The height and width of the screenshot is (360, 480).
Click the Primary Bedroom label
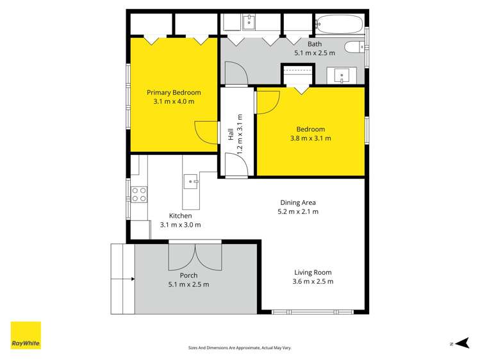(x=174, y=92)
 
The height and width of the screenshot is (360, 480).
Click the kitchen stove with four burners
(x=139, y=194)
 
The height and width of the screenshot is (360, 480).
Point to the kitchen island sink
(x=191, y=182)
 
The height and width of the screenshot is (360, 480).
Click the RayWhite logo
(x=26, y=335)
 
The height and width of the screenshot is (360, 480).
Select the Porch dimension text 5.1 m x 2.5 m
(x=188, y=284)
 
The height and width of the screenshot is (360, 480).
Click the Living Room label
(x=313, y=272)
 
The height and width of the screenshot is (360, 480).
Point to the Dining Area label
(x=297, y=202)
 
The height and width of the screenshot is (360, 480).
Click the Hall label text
(x=231, y=136)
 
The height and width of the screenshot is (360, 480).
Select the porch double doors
(x=195, y=257)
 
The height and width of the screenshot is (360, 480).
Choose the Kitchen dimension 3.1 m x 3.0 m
(x=180, y=225)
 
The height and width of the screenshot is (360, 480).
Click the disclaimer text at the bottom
(x=240, y=347)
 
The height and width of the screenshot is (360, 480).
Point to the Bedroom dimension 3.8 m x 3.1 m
(x=310, y=138)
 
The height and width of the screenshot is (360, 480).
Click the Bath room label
(x=315, y=44)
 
